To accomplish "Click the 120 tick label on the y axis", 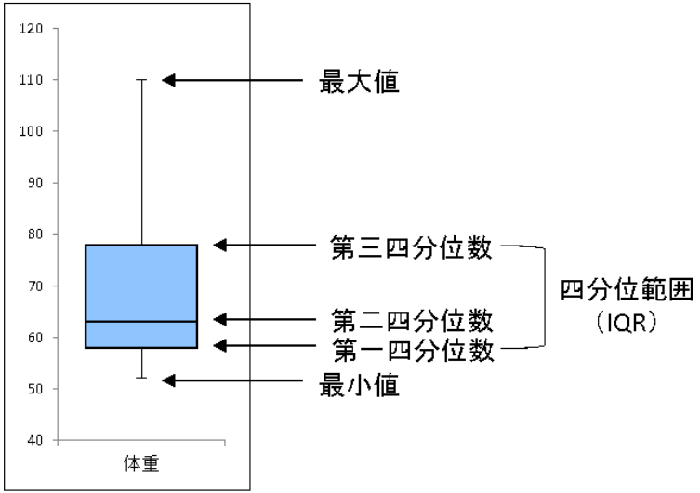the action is coord(31,29).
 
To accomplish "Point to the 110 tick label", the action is coord(31,80).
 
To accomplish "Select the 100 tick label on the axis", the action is coord(31,132).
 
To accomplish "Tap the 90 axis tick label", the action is coord(35,183).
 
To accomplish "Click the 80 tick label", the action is coord(35,234).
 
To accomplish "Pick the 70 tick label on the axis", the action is coord(35,286).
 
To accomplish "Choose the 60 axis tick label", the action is coord(35,338).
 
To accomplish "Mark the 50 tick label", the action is coord(35,389).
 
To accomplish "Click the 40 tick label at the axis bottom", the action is coord(35,440).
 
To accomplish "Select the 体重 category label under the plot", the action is coord(141,463).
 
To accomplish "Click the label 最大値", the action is coord(359,82).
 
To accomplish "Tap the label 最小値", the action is coord(359,385).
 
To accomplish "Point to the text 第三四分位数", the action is coord(411,247).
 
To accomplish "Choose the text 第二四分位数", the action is coord(412,321).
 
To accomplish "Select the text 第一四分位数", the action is coord(414,350).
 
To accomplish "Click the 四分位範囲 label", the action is coord(627,290).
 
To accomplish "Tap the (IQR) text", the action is coord(627,323).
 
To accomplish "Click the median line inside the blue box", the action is coord(141,322).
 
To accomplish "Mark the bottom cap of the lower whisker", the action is coord(141,378).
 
